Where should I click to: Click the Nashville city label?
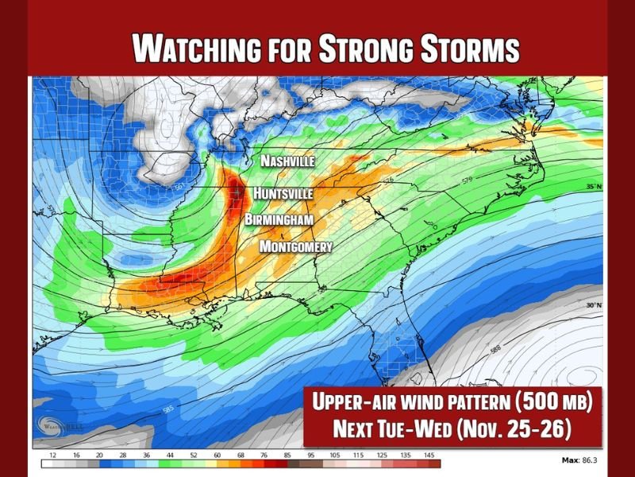pos(288,161)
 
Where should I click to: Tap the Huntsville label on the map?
pos(283,193)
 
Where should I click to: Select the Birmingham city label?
pos(279,219)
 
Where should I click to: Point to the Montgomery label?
pos(296,246)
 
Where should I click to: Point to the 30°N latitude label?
pos(594,305)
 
